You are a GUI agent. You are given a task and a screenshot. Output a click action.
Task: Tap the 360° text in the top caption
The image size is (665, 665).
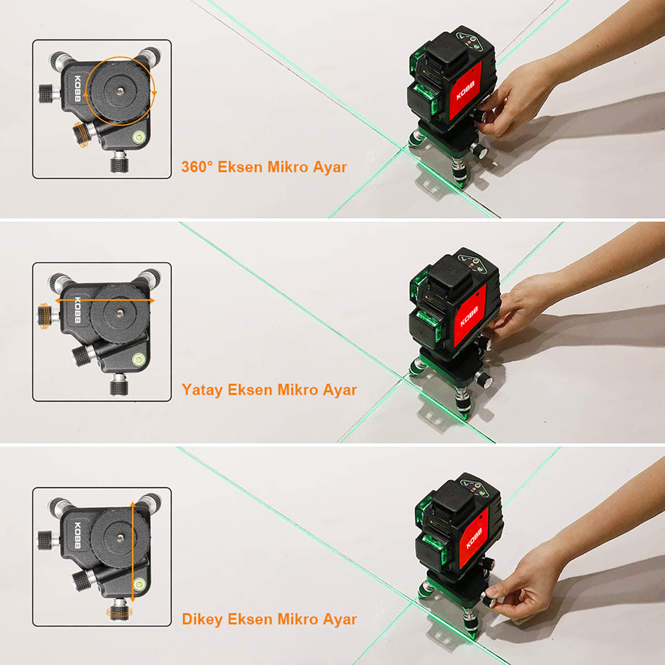pos(197,167)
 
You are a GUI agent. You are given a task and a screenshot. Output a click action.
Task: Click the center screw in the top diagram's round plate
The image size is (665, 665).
pos(120,91)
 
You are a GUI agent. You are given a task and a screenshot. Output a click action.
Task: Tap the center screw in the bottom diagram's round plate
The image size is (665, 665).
pos(121,538)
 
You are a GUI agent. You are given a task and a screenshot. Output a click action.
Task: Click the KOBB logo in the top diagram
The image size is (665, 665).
pos(78,89)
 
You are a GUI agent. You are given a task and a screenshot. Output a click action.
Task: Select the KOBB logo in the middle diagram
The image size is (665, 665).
pos(78,310)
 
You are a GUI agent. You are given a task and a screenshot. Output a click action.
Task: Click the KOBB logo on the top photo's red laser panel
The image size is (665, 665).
pos(465,91)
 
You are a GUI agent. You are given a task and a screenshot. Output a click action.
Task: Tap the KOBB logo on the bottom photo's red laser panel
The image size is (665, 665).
pos(475,538)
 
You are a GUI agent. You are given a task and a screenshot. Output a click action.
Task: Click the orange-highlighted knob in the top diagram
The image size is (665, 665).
pos(82,134)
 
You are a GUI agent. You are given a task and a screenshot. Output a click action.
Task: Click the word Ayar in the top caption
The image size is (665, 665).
pos(330,167)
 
